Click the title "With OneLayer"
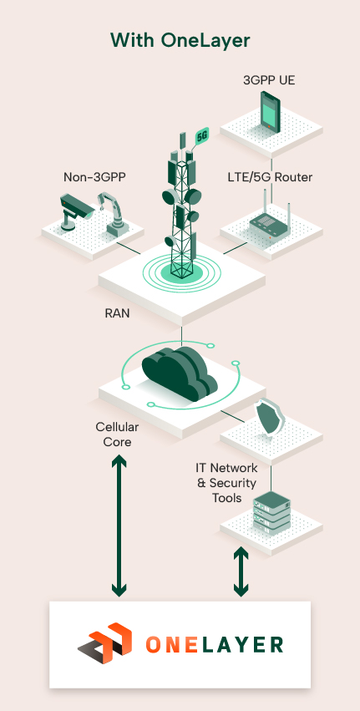pyautogui.click(x=180, y=40)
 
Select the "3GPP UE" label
pyautogui.click(x=269, y=81)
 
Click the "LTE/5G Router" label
pyautogui.click(x=269, y=177)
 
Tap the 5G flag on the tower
pyautogui.click(x=201, y=135)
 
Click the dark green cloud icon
pyautogui.click(x=180, y=372)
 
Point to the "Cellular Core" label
pyautogui.click(x=116, y=434)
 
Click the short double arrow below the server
pyautogui.click(x=241, y=571)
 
